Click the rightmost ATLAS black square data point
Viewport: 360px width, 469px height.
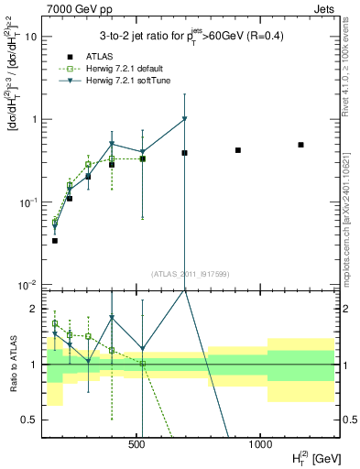point(300,145)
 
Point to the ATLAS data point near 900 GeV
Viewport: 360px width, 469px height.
point(238,150)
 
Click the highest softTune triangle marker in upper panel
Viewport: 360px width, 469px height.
point(185,119)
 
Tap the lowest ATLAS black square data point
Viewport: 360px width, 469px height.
point(55,240)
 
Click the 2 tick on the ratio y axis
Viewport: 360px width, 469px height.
point(35,309)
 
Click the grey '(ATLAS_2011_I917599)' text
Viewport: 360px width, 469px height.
point(190,273)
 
